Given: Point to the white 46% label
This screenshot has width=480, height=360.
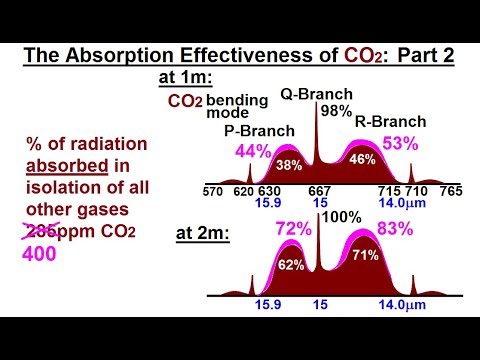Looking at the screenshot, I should [362, 159].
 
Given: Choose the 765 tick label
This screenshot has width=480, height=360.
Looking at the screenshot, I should [452, 190].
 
